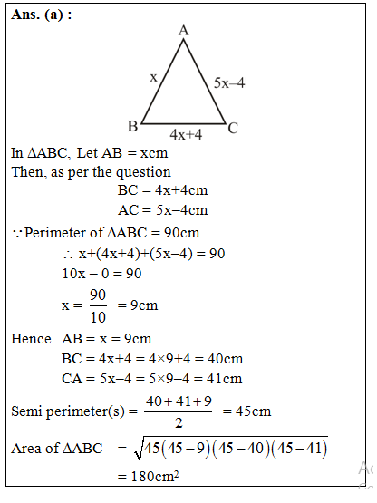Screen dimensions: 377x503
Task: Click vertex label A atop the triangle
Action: tap(184, 31)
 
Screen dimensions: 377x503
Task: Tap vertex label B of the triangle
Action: tap(132, 125)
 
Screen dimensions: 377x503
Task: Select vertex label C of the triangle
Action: tap(233, 128)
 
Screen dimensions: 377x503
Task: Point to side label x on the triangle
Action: tap(153, 77)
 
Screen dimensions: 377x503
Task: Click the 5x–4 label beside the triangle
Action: tap(229, 82)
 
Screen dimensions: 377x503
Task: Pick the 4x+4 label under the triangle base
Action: tap(185, 135)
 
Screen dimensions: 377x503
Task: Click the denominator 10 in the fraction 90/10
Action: tap(98, 317)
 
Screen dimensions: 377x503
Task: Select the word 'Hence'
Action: tap(31, 339)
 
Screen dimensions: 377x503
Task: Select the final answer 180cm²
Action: tap(149, 477)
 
